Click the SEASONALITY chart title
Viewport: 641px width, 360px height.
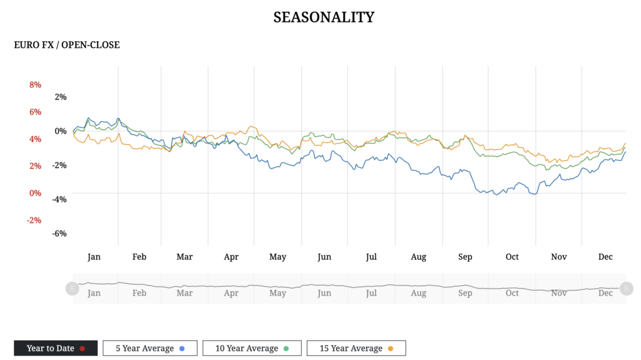(x=324, y=17)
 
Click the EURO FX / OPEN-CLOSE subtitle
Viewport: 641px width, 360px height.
(x=67, y=45)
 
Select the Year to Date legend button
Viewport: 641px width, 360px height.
(x=56, y=348)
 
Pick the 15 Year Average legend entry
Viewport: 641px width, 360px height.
(x=356, y=348)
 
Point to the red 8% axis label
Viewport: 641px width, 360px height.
(x=35, y=85)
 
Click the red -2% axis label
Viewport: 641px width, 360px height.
(x=34, y=220)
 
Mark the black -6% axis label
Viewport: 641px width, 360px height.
(x=59, y=234)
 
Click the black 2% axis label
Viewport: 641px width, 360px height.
(x=61, y=97)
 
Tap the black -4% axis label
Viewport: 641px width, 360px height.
(x=59, y=199)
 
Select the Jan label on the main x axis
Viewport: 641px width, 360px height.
(x=94, y=257)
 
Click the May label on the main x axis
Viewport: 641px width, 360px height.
(x=278, y=257)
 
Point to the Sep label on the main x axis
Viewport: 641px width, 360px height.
(x=465, y=257)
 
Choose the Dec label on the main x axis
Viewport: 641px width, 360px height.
(x=605, y=257)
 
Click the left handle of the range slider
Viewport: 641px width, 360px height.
(x=72, y=288)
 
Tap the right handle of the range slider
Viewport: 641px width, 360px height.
(x=625, y=288)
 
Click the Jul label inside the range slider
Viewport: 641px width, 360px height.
(x=371, y=293)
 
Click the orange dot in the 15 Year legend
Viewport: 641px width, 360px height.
(x=391, y=349)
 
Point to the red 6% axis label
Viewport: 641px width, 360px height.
(x=35, y=111)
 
